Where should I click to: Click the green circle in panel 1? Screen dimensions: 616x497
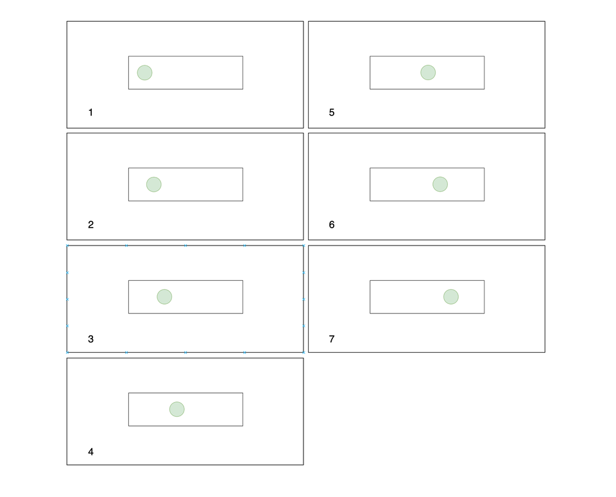point(144,72)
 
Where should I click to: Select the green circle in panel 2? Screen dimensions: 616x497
point(153,185)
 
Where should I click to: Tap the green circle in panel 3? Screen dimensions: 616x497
point(164,297)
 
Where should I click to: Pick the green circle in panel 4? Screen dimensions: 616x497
point(177,409)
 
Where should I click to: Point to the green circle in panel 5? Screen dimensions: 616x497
point(428,72)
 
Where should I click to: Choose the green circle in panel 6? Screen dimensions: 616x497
point(440,185)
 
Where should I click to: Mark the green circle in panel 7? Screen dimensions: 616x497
point(451,297)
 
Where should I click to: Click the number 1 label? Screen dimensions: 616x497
point(90,113)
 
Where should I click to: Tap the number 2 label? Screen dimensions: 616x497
point(90,224)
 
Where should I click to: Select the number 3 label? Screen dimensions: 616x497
point(90,339)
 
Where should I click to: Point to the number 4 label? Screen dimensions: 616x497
point(90,452)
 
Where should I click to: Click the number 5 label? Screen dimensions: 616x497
point(332,113)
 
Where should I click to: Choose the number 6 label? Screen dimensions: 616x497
point(332,224)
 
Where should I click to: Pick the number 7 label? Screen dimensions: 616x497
point(332,339)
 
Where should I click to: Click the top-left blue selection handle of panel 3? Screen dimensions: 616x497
point(67,246)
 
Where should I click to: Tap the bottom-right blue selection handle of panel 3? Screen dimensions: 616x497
point(304,353)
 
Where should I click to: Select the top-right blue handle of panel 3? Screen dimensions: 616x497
point(304,246)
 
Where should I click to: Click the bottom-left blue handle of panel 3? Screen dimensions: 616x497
point(67,353)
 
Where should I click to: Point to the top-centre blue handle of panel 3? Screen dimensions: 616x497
point(185,246)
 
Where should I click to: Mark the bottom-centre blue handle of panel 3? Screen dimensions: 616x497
point(185,353)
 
